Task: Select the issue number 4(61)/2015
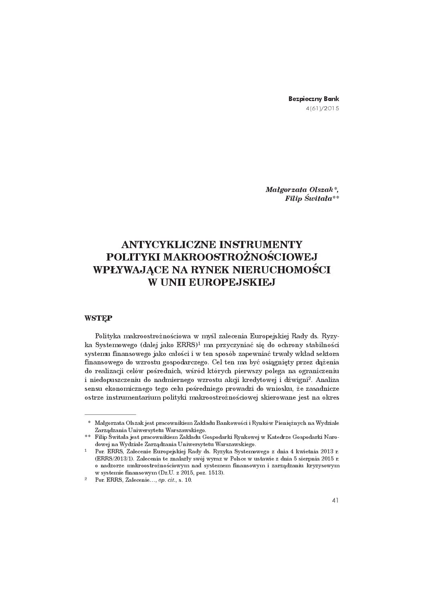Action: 322,108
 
